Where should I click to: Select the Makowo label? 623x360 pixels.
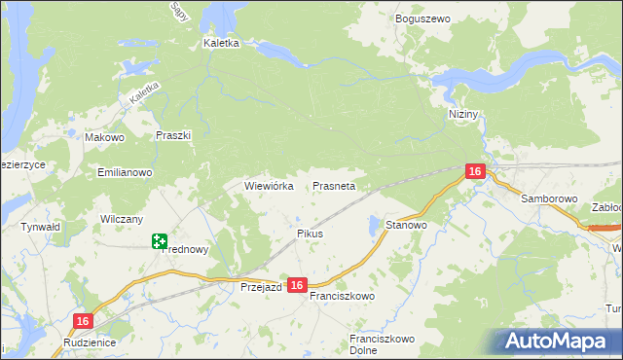(105, 138)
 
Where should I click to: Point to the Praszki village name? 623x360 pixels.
(172, 136)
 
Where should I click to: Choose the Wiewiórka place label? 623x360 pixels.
(269, 185)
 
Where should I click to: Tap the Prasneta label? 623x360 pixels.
(334, 185)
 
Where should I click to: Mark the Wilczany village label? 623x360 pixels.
(122, 220)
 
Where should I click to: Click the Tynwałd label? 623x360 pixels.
(41, 227)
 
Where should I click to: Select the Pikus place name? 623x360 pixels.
(310, 234)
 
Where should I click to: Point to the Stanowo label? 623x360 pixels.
(407, 225)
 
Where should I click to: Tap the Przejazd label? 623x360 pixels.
(261, 287)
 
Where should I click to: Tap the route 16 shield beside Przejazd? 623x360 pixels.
(298, 285)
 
